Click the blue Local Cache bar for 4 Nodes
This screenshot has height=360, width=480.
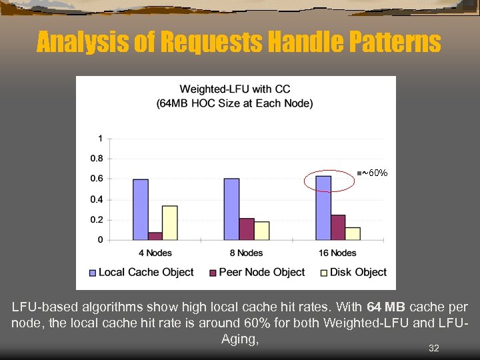pyautogui.click(x=141, y=209)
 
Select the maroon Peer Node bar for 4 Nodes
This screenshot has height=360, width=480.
pyautogui.click(x=155, y=236)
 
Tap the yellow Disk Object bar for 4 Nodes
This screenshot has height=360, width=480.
pyautogui.click(x=170, y=223)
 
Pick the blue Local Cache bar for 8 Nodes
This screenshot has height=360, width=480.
pyautogui.click(x=232, y=209)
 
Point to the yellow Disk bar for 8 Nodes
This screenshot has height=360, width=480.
pyautogui.click(x=261, y=231)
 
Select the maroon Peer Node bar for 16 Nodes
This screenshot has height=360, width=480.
pyautogui.click(x=338, y=227)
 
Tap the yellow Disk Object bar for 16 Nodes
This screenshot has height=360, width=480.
pyautogui.click(x=353, y=233)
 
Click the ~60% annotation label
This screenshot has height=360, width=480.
pyautogui.click(x=374, y=173)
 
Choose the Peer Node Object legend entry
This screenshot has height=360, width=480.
pyautogui.click(x=257, y=272)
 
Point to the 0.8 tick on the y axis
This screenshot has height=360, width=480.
pyautogui.click(x=97, y=159)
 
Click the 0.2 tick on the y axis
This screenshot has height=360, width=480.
pyautogui.click(x=97, y=219)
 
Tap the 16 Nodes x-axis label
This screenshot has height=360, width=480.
pyautogui.click(x=338, y=253)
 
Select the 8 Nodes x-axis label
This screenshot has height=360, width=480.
pyautogui.click(x=247, y=253)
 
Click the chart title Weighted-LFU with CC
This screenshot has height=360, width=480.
pyautogui.click(x=235, y=89)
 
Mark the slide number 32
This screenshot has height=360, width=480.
pyautogui.click(x=434, y=348)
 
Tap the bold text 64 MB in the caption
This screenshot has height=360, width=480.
pyautogui.click(x=386, y=308)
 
